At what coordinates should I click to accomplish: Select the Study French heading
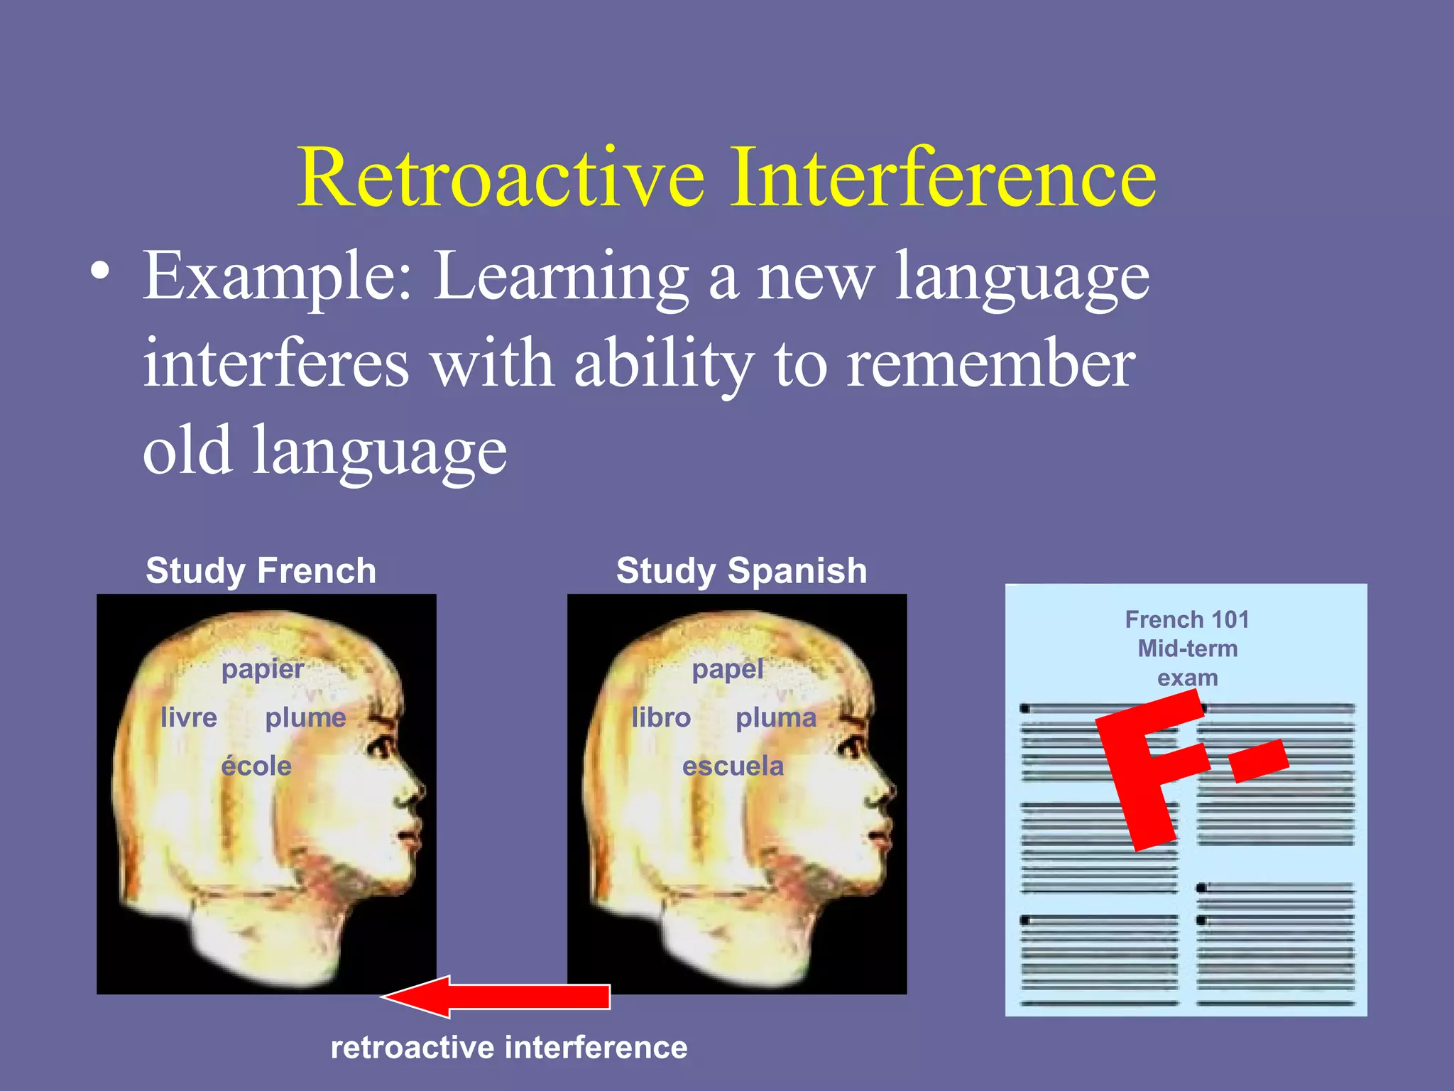[x=261, y=570]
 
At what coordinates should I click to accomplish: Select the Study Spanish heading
[x=741, y=570]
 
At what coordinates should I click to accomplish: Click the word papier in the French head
[x=262, y=668]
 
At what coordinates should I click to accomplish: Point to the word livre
[x=188, y=717]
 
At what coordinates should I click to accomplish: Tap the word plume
[x=305, y=717]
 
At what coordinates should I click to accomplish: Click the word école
[x=256, y=766]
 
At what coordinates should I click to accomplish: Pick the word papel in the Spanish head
[x=727, y=668]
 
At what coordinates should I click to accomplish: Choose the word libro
[x=660, y=717]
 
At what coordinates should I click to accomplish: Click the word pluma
[x=775, y=717]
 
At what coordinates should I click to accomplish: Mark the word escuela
[x=733, y=766]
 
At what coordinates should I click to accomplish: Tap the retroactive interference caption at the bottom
[x=508, y=1048]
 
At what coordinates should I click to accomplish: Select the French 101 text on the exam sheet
[x=1186, y=619]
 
